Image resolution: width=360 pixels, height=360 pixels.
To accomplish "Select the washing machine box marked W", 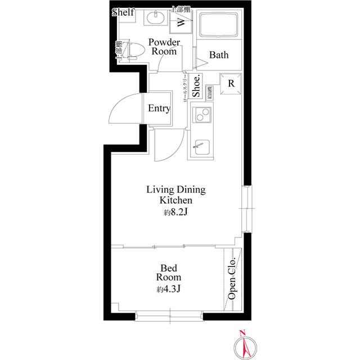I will (x=181, y=22).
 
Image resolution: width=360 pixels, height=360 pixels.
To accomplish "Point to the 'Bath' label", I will (x=219, y=55).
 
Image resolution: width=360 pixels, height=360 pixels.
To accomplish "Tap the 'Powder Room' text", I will (x=164, y=47).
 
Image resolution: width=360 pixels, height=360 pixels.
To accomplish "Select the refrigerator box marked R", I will (x=231, y=84).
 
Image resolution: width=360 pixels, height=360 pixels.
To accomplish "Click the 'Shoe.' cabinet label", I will (x=196, y=88).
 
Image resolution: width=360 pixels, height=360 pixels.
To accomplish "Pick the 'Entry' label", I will (x=159, y=108).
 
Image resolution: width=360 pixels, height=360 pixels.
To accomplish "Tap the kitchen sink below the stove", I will (x=200, y=149).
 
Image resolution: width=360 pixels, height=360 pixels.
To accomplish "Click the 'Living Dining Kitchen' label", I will (x=175, y=195).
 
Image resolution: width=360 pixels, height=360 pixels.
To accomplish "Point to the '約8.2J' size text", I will (x=175, y=213).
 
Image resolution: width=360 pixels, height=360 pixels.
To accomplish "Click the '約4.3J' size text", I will (x=168, y=290).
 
